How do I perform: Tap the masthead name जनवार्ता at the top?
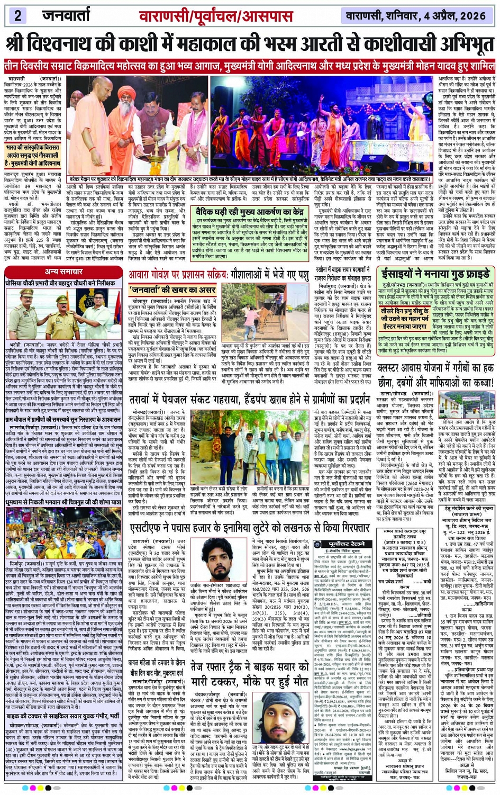pos(66,15)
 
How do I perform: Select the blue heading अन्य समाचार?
pos(64,272)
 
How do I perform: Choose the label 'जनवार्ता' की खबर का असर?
pos(172,290)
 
